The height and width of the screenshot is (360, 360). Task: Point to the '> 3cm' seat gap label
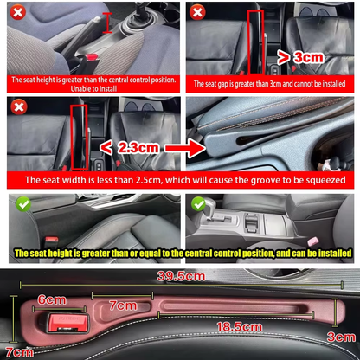[x=301, y=58]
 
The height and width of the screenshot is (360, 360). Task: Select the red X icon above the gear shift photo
[x=17, y=12]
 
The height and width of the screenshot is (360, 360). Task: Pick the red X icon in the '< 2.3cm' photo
[x=18, y=106]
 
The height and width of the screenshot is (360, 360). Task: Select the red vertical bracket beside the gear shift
[x=107, y=22]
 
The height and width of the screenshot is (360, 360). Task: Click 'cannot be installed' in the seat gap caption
[x=319, y=83]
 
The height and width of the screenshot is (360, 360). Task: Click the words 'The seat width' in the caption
[x=61, y=180]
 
